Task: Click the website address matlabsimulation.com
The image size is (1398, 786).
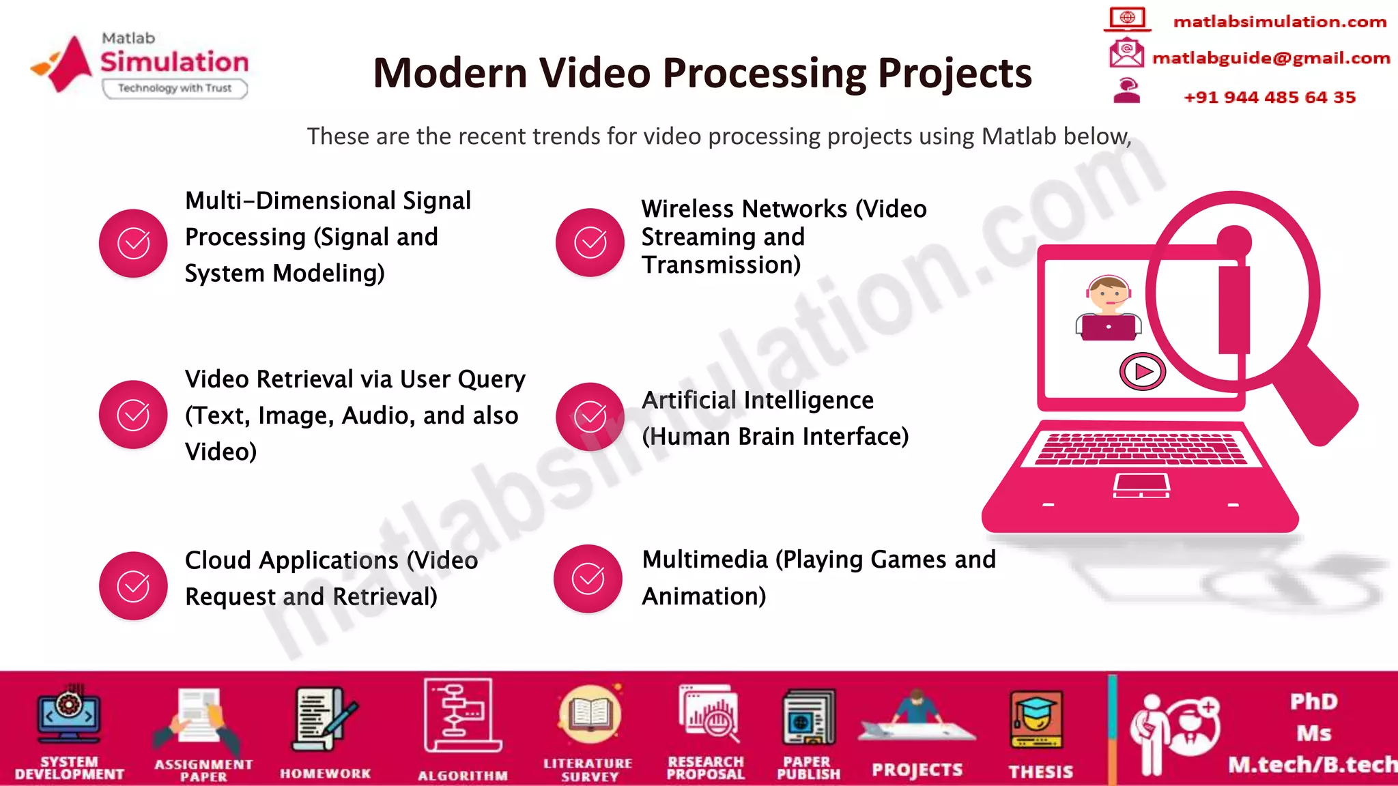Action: coord(1279,22)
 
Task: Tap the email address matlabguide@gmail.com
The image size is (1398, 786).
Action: coord(1270,58)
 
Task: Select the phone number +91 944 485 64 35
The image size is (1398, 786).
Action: coord(1269,97)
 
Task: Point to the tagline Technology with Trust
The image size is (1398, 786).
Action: coord(175,88)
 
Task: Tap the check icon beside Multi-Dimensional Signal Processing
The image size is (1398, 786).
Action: coord(133,243)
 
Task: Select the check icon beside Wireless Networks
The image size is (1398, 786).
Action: coord(590,242)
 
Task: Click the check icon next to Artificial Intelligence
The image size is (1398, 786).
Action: coord(590,416)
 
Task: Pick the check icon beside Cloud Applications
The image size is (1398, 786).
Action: coord(133,585)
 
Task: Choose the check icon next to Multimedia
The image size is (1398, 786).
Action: coord(588,579)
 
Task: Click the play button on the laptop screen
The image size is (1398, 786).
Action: coord(1142,371)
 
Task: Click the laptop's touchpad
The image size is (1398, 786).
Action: coord(1141,484)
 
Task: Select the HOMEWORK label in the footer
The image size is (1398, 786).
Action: coord(325,773)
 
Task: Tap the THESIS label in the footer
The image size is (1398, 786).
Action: coord(1040,772)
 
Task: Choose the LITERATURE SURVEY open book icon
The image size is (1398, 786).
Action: coord(589,714)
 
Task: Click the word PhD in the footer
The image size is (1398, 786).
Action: coord(1313,701)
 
